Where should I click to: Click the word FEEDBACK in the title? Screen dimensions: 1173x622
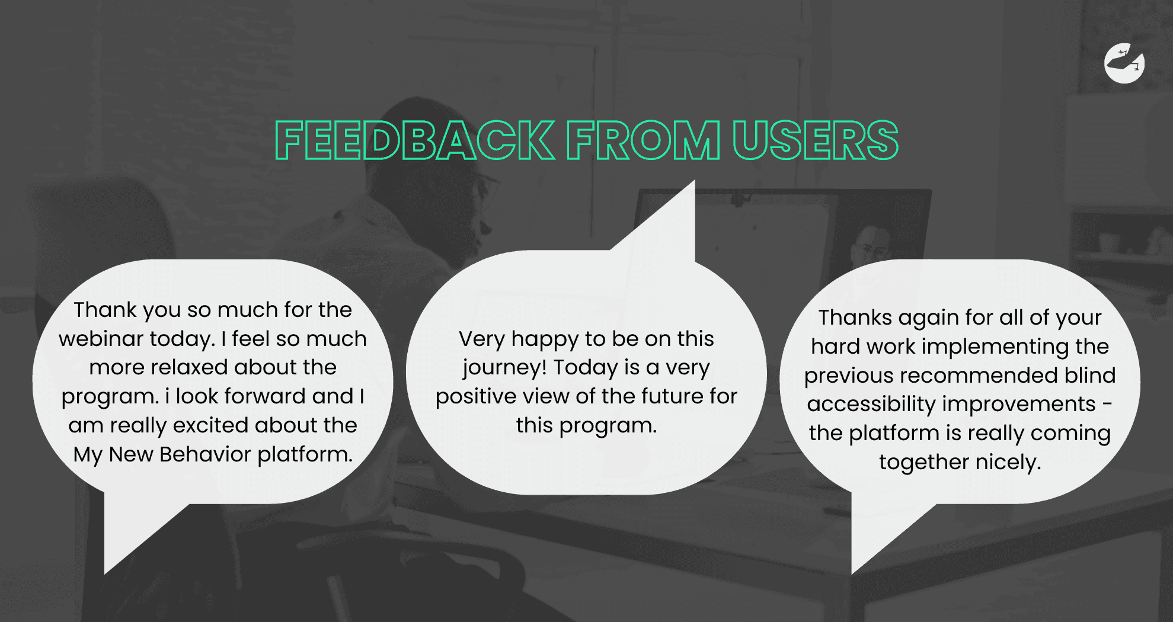click(415, 140)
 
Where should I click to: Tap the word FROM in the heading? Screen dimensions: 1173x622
click(643, 140)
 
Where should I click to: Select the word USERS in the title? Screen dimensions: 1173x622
click(816, 140)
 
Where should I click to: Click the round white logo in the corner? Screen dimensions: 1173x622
click(1124, 63)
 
